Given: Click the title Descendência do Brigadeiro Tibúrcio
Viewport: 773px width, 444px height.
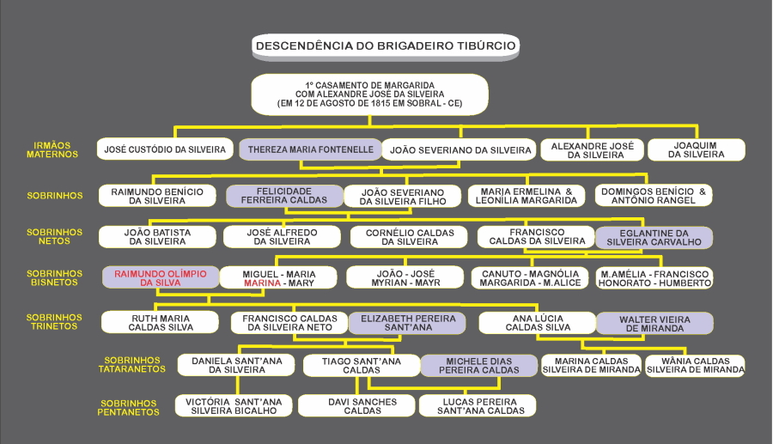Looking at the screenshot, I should (386, 46).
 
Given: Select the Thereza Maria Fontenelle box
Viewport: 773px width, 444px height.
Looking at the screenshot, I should (310, 149).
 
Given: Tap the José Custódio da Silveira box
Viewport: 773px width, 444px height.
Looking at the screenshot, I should (165, 149).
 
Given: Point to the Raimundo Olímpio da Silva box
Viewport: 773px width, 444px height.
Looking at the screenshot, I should (161, 277).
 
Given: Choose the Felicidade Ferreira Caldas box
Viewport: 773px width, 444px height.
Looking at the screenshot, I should (283, 195).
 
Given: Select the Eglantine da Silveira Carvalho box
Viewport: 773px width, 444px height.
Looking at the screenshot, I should (654, 237).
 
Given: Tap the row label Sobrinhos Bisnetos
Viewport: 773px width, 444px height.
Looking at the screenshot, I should (54, 278).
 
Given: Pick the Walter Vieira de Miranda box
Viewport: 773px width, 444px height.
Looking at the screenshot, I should (654, 323).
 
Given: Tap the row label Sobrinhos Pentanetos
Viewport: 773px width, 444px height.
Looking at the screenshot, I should (129, 407).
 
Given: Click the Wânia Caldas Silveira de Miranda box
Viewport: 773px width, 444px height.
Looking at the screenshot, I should (695, 365).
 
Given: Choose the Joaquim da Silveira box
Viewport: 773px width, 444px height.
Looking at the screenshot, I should (697, 150).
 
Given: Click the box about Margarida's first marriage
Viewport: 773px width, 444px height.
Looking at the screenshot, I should (369, 94).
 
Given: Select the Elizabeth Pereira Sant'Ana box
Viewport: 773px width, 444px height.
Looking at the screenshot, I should (406, 323).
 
